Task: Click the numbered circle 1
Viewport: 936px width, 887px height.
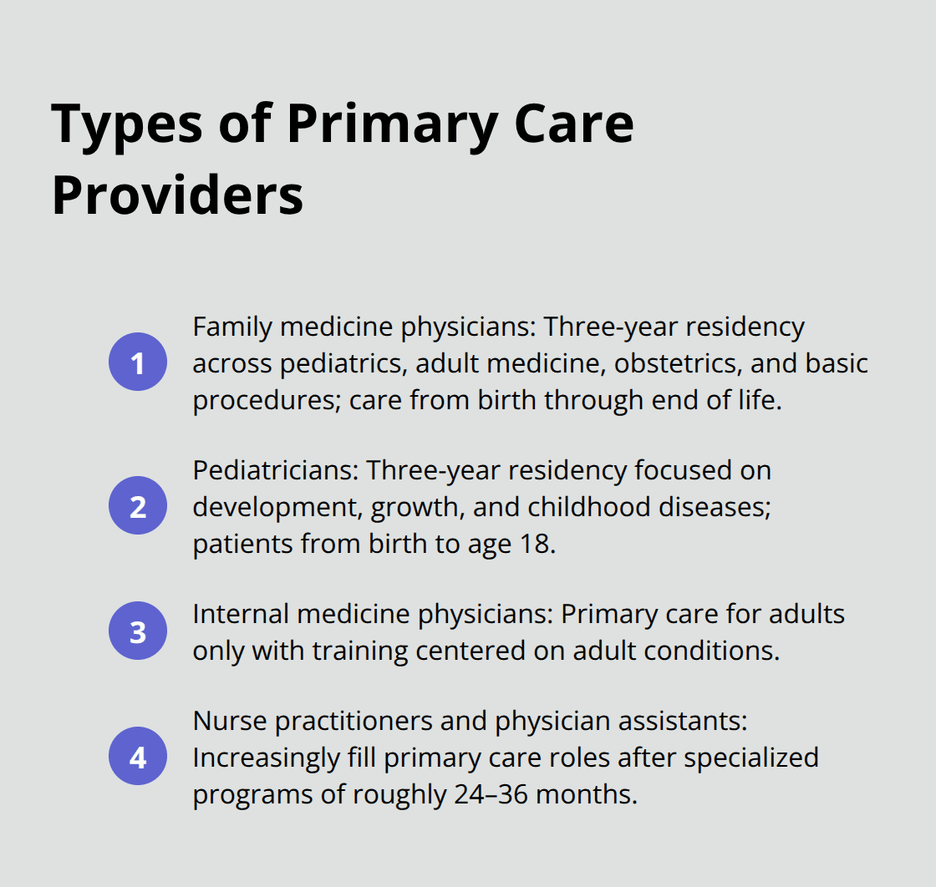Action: point(138,363)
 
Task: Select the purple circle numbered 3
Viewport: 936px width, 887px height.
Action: point(138,632)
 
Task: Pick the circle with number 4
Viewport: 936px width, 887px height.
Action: point(138,758)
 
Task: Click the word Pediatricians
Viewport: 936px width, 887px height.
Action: point(276,471)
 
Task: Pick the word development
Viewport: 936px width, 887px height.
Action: point(276,507)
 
